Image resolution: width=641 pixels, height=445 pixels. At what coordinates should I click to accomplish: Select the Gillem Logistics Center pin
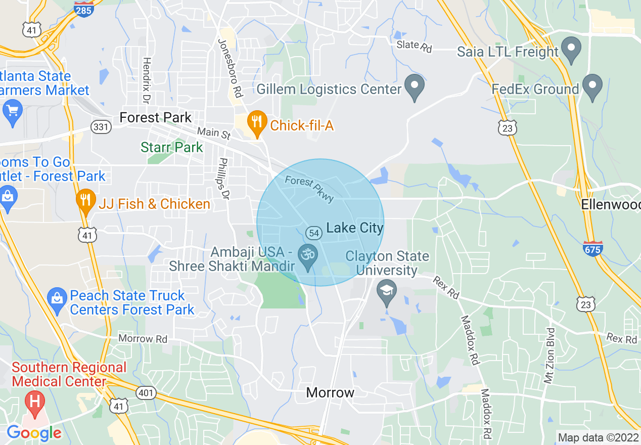415,86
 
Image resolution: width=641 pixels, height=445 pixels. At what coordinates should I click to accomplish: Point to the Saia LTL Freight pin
572,50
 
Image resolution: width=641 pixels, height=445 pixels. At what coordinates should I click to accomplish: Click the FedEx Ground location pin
592,87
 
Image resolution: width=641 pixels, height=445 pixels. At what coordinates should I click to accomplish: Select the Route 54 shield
314,233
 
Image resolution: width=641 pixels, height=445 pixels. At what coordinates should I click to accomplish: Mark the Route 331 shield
101,127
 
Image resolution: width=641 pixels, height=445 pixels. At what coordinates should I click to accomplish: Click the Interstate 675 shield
592,248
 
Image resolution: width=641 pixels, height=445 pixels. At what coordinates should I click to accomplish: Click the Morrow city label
330,392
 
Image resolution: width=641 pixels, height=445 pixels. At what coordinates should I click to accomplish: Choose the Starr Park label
171,148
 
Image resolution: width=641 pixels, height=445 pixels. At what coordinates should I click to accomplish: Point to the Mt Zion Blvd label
550,355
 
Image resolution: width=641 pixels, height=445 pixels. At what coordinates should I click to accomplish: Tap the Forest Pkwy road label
309,189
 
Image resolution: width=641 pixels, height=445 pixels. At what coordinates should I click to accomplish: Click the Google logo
34,433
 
